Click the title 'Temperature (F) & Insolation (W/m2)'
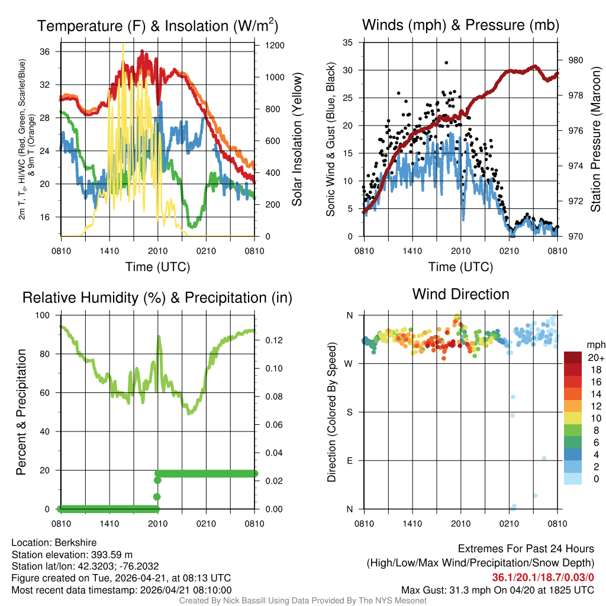(x=157, y=25)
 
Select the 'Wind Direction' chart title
(x=460, y=294)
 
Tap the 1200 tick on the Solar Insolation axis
(x=278, y=46)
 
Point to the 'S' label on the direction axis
(x=349, y=412)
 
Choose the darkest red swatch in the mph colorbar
(x=573, y=357)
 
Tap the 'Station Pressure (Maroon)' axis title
(x=597, y=140)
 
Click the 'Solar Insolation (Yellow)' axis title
(x=297, y=140)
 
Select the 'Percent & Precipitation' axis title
(x=21, y=412)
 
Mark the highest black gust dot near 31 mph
(x=446, y=63)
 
